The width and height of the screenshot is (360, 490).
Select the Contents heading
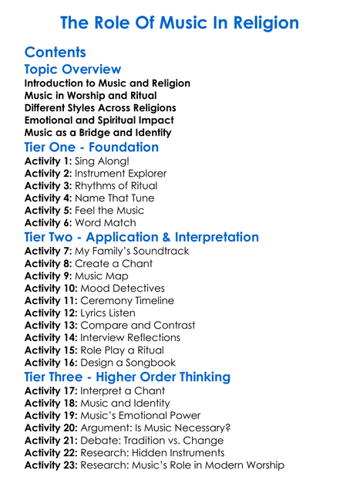(56, 53)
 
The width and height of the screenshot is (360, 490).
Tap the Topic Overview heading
(72, 70)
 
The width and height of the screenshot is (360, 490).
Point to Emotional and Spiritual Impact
(99, 120)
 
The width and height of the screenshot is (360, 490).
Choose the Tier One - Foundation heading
(92, 147)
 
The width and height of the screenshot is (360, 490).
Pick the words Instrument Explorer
(123, 173)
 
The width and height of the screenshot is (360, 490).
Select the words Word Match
(110, 222)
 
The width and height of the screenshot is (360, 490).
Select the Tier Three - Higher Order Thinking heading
(127, 377)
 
